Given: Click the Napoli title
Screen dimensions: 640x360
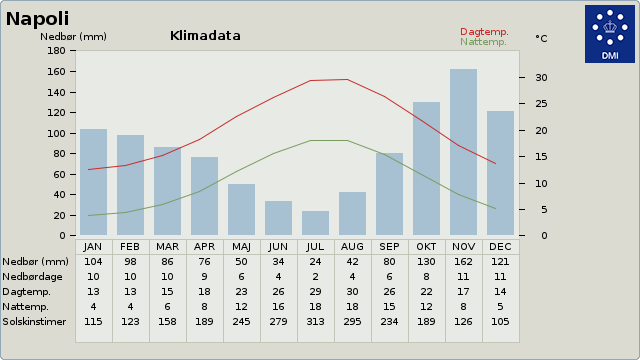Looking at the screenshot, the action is coord(37,19).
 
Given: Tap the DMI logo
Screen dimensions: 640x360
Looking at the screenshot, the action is coord(610,34).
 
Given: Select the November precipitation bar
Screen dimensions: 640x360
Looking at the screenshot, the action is coord(463,152).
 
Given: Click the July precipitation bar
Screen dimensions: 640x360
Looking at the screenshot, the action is coord(316,223).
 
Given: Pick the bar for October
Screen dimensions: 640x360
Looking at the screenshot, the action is coord(427,169).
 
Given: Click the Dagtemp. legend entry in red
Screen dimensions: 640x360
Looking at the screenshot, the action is coord(484,32).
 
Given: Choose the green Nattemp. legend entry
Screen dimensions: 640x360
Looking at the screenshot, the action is coord(483,42).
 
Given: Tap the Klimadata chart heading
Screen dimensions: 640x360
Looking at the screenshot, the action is coord(205,36).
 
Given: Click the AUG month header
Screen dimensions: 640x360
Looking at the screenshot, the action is coord(352,247).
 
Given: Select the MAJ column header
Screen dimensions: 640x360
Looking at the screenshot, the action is coord(241,247).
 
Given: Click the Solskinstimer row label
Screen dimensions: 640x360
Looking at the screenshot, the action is coord(34,322).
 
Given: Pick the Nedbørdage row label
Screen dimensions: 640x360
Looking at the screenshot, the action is coord(32,277).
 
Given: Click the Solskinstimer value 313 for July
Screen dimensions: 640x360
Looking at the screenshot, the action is coord(316,322).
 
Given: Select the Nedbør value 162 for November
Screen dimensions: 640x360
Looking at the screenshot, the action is coord(463,262).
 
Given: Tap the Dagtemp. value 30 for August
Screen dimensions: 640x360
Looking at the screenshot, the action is coord(352,291).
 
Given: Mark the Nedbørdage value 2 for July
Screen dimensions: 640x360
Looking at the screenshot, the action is coord(316,277).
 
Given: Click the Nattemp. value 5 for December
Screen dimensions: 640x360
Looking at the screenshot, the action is coord(500,307).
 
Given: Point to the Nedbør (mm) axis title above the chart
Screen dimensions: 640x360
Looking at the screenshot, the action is coord(73,37).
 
